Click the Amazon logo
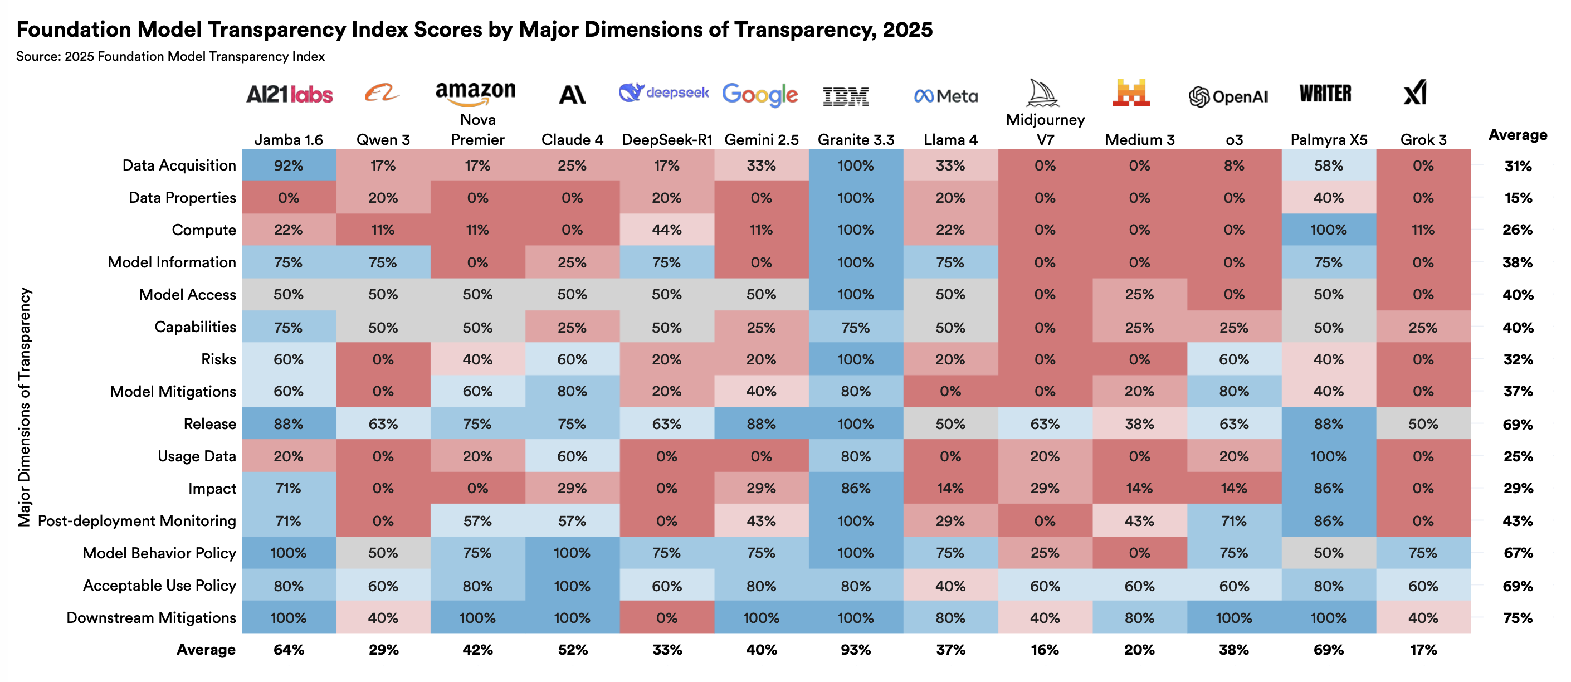[x=475, y=94]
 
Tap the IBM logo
[x=845, y=96]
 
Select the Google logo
[x=760, y=95]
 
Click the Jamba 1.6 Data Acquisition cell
[x=289, y=165]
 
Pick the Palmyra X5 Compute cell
[x=1328, y=230]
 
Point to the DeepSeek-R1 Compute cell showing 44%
[x=667, y=230]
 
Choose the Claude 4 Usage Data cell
[x=572, y=456]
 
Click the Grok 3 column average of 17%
[x=1423, y=650]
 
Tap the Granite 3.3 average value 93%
[x=856, y=650]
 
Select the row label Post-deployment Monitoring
[x=136, y=520]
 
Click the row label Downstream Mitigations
[x=150, y=617]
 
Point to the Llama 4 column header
[x=950, y=140]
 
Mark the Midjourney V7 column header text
[x=1045, y=129]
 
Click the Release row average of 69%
[x=1518, y=424]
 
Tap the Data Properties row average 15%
[x=1518, y=198]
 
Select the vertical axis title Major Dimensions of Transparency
[x=24, y=407]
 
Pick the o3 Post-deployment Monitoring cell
[x=1234, y=520]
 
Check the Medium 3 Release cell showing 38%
[x=1139, y=424]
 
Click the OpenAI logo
[x=1228, y=96]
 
